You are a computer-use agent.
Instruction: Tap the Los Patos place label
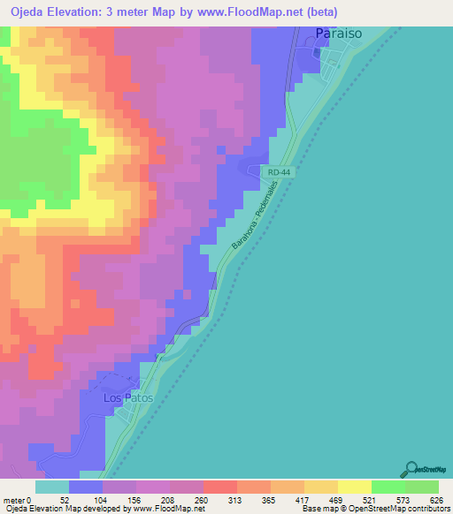[128, 398]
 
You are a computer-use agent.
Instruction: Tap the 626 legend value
[435, 500]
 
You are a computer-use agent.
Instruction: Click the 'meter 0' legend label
[17, 500]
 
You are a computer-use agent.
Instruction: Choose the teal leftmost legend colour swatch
[52, 487]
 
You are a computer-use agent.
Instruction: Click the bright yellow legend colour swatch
[354, 487]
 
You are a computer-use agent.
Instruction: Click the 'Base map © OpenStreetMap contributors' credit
[375, 509]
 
